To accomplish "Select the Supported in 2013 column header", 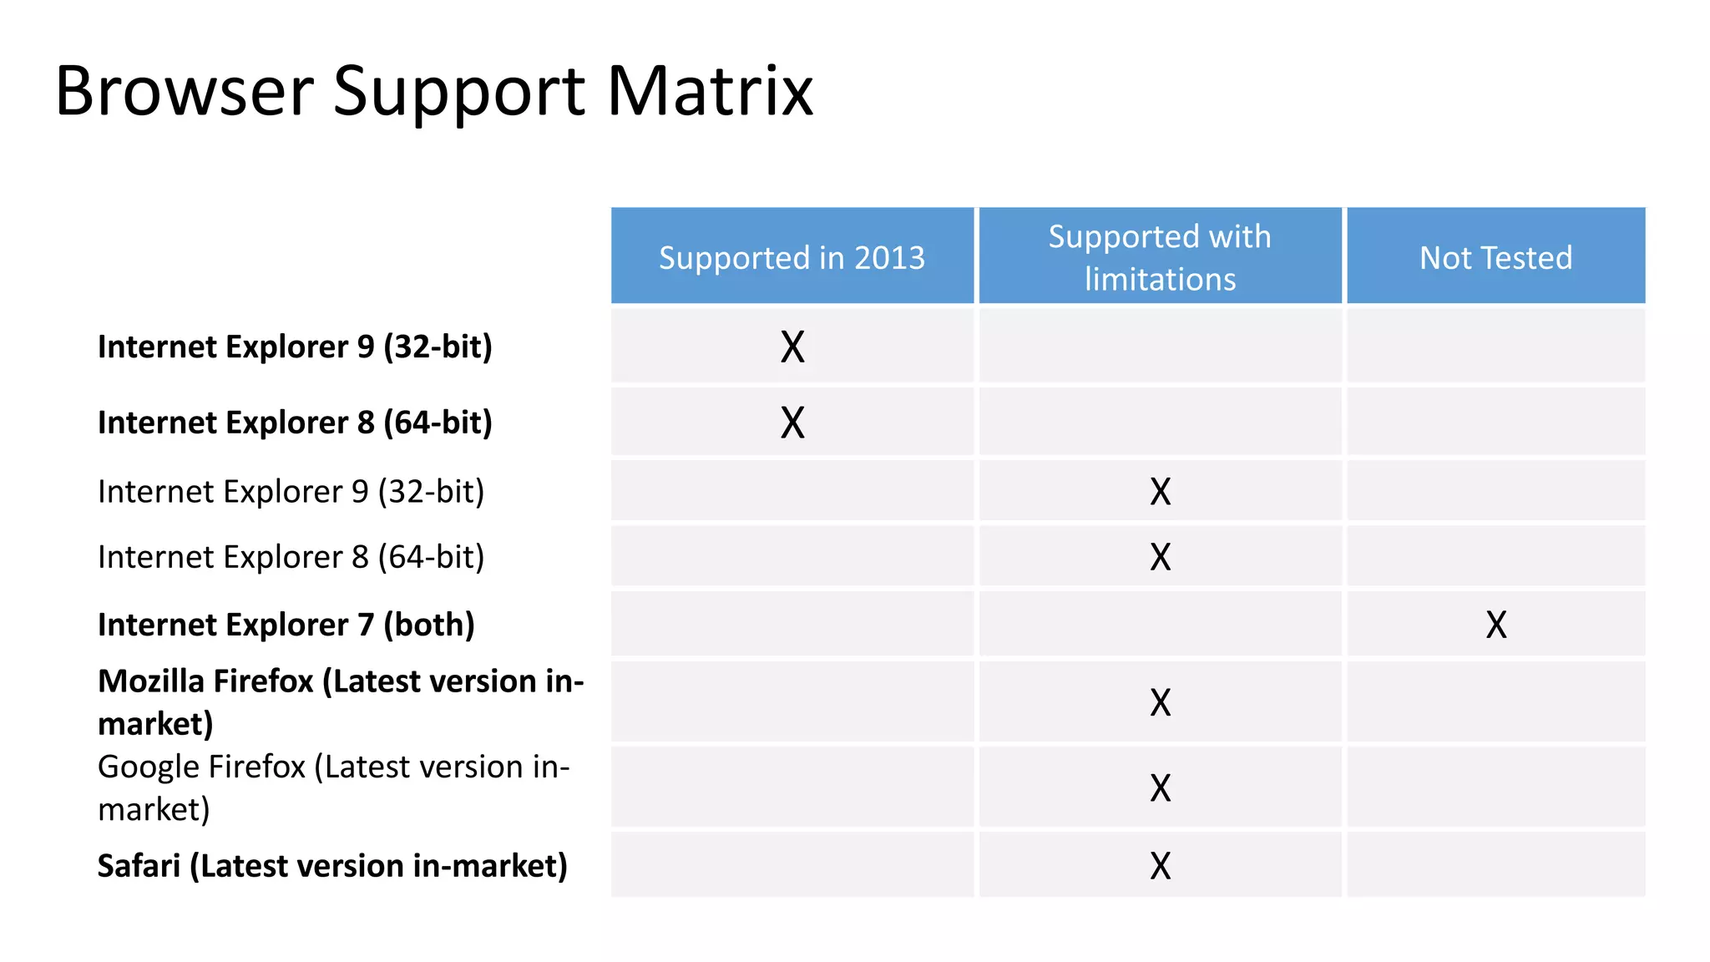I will (792, 257).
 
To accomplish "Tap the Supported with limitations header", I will (1160, 257).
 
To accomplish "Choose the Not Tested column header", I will (1495, 257).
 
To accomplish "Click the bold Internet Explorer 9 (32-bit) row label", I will (295, 347).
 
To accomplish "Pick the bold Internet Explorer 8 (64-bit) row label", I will (295, 423).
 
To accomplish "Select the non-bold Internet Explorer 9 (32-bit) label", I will (291, 492).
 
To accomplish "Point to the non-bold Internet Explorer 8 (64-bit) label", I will (291, 557).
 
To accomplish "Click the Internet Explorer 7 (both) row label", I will (286, 625).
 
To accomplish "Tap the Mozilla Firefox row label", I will (340, 701).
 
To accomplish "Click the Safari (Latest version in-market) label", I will (332, 866).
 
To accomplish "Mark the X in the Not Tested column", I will (1496, 625).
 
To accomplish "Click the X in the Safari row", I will (1161, 866).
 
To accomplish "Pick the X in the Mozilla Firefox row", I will (1161, 702).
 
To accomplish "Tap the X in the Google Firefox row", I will (1161, 787).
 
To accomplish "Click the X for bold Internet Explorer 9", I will (792, 347).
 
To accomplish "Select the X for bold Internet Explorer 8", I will (792, 423).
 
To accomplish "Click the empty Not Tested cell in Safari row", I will (1495, 865).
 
